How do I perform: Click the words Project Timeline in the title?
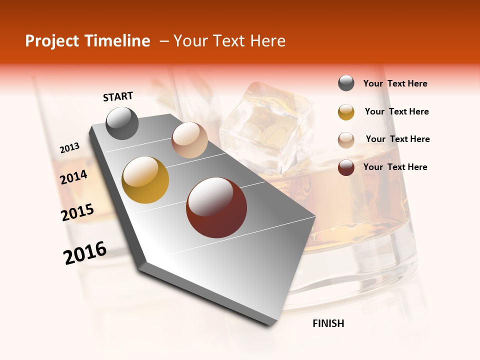pos(87,41)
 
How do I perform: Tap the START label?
pos(118,96)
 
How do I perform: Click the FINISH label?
pos(328,323)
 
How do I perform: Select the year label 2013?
pos(69,148)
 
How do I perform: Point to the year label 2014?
pos(73,177)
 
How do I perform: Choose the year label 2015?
pos(77,212)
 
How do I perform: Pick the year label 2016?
pos(85,253)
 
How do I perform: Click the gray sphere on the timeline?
pos(122,123)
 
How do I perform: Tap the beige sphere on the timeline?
pos(189,140)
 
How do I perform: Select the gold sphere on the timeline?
pos(145,180)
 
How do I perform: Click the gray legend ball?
pos(346,83)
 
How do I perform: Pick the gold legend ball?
pos(346,112)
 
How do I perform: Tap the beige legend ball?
pos(346,139)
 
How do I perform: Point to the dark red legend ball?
pos(346,167)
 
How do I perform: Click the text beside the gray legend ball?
pos(395,84)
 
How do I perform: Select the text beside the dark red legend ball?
pos(395,167)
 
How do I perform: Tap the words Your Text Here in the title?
pos(229,41)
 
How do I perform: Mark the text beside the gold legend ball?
pos(396,111)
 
